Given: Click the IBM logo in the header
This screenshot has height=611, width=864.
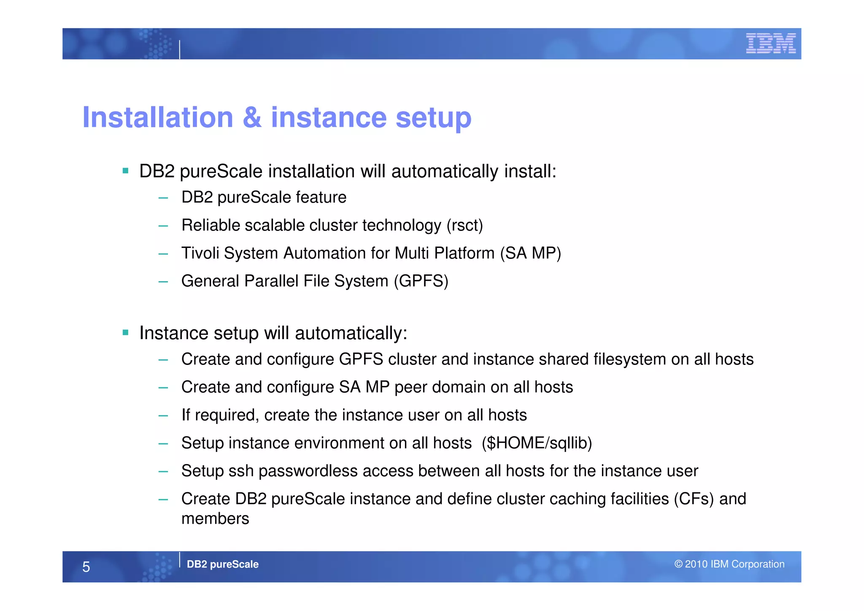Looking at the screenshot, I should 770,43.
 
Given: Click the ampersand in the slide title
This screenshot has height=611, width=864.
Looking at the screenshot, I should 252,117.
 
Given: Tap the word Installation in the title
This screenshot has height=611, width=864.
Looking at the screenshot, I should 158,117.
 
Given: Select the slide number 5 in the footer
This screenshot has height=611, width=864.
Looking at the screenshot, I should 86,567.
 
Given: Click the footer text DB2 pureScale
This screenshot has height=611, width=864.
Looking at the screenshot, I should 222,564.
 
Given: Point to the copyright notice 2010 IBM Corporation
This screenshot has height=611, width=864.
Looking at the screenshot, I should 729,564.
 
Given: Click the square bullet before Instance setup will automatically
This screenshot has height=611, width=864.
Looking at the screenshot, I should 125,333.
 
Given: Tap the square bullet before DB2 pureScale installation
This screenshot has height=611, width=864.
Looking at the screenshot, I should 125,171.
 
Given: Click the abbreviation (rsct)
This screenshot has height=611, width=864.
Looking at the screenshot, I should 464,225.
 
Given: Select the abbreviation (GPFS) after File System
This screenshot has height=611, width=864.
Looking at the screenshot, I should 421,281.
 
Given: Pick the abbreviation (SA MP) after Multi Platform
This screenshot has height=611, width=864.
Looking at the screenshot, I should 530,253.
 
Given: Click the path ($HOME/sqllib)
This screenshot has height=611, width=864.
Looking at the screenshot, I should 537,443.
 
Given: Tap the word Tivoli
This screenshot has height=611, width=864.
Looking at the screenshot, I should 200,253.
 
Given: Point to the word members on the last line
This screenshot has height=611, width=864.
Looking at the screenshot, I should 215,519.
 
